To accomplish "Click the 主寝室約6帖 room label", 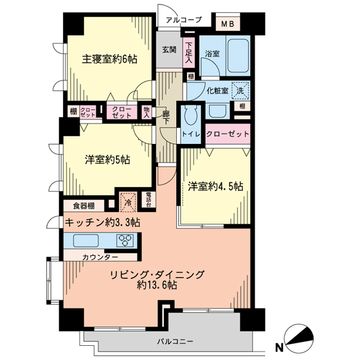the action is pyautogui.click(x=110, y=59).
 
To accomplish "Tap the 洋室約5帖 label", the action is pyautogui.click(x=107, y=159).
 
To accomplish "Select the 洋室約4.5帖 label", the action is pyautogui.click(x=215, y=186).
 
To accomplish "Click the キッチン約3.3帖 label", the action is pyautogui.click(x=102, y=222).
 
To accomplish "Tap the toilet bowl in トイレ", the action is pyautogui.click(x=192, y=115).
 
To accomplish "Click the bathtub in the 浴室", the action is pyautogui.click(x=239, y=55).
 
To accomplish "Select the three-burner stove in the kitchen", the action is pyautogui.click(x=125, y=240).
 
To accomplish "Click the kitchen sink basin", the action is pyautogui.click(x=86, y=240).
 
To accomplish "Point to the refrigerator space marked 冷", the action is pyautogui.click(x=129, y=203).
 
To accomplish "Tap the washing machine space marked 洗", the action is pyautogui.click(x=240, y=91).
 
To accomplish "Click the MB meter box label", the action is pyautogui.click(x=228, y=24).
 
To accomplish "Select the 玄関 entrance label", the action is pyautogui.click(x=170, y=50).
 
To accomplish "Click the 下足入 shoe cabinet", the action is pyautogui.click(x=189, y=53).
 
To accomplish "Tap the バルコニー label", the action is pyautogui.click(x=175, y=341).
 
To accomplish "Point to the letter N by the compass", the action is pyautogui.click(x=279, y=348).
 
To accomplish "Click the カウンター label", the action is pyautogui.click(x=100, y=257).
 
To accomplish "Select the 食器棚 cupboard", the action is pyautogui.click(x=84, y=206).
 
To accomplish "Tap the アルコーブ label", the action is pyautogui.click(x=183, y=20).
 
